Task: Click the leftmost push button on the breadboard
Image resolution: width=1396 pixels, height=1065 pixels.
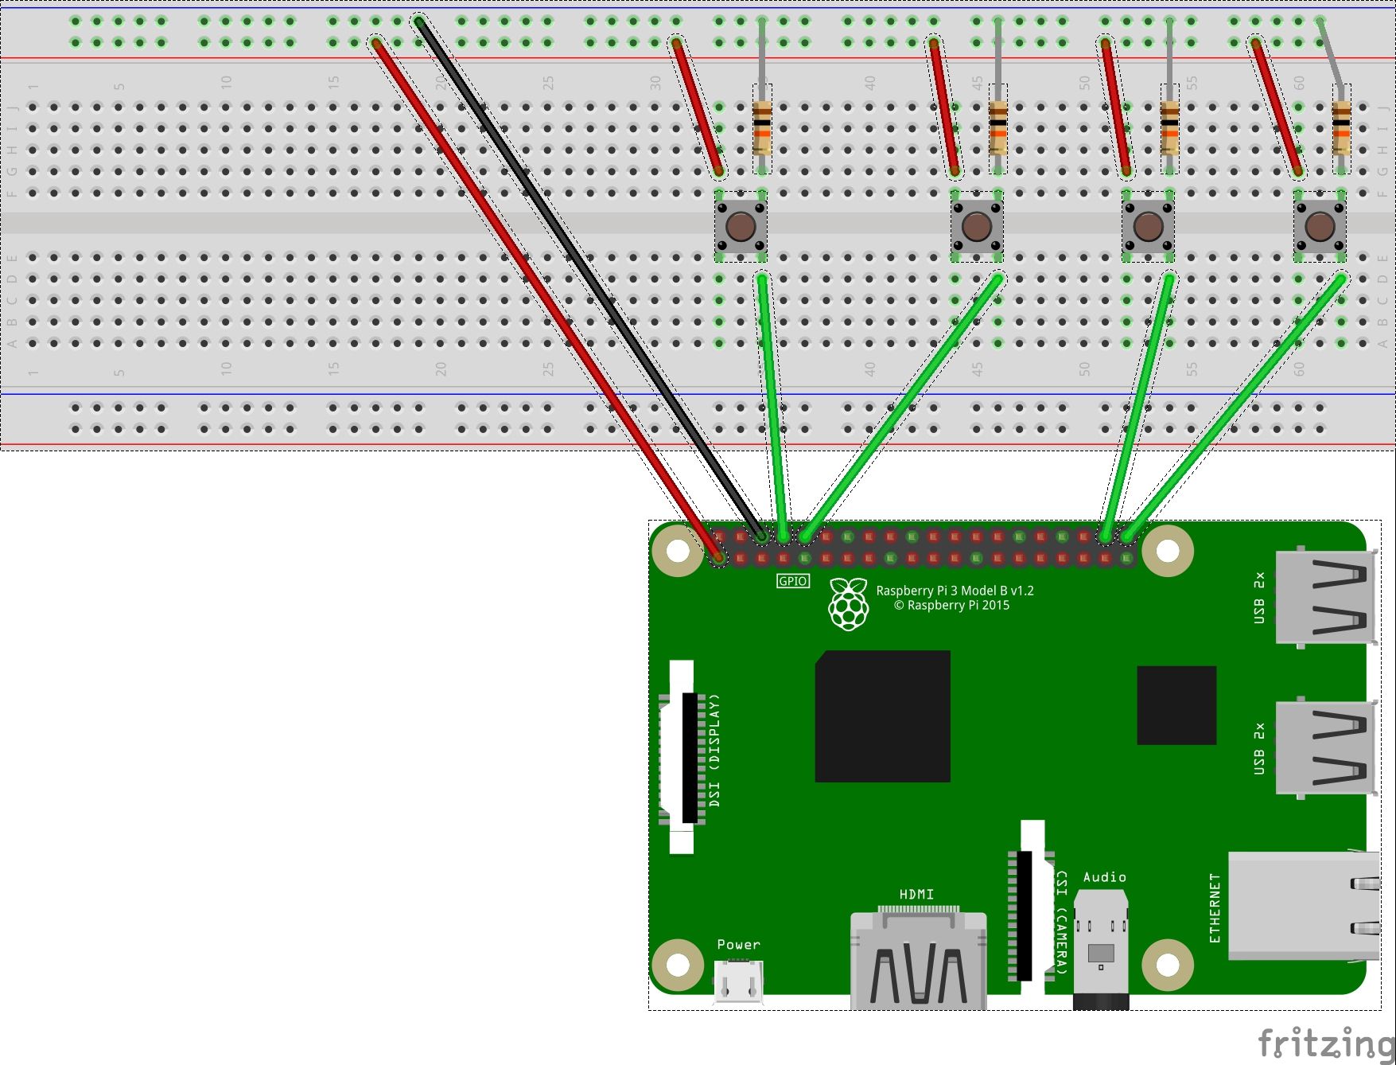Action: (741, 226)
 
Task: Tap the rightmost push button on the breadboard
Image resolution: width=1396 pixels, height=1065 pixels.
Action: (1320, 226)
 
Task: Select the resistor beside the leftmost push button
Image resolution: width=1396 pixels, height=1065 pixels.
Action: (762, 127)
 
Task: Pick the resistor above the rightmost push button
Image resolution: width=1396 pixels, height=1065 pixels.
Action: (1341, 127)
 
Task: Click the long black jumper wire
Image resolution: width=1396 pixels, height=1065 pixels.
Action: (589, 279)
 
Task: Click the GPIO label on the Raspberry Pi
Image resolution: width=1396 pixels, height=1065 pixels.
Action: (792, 581)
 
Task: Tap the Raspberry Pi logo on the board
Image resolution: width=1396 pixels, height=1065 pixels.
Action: (849, 604)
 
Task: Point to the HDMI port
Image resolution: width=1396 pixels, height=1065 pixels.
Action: (919, 959)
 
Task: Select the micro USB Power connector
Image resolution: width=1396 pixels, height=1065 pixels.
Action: (739, 981)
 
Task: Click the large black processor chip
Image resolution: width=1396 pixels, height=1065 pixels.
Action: (882, 716)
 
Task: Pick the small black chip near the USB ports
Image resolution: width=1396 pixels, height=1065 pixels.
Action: (1176, 705)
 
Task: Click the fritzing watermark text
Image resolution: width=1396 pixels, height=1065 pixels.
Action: (1324, 1044)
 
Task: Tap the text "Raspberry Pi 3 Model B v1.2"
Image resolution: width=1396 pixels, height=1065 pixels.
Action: (955, 591)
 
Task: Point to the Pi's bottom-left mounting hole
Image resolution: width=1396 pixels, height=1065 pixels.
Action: (678, 965)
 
